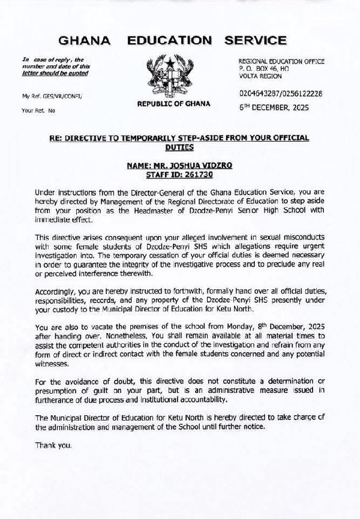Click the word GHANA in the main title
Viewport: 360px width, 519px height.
pos(85,41)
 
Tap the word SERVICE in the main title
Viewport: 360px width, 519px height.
pos(256,41)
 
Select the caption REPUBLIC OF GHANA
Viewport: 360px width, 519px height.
pos(174,103)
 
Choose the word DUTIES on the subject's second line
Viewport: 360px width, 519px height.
pos(179,146)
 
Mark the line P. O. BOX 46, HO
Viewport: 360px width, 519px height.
pos(263,69)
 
